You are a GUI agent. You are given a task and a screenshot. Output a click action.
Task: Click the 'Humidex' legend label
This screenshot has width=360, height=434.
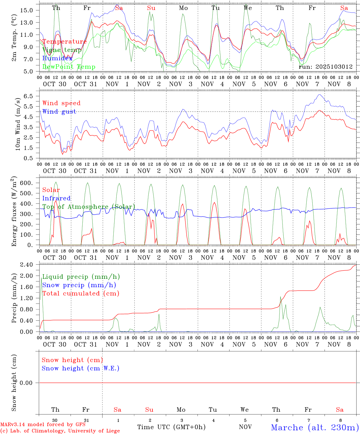tap(57, 58)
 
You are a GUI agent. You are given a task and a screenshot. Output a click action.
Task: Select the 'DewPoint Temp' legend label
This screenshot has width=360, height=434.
tap(69, 67)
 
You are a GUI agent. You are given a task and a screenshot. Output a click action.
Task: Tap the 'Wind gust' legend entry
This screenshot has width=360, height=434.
tap(59, 112)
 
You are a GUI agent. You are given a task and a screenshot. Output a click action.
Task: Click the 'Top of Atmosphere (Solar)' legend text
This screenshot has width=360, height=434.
tap(89, 207)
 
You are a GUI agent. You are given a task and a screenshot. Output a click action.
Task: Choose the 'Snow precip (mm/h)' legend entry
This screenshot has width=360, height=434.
tap(79, 285)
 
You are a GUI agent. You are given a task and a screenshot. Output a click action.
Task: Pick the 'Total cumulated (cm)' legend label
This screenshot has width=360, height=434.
tap(81, 294)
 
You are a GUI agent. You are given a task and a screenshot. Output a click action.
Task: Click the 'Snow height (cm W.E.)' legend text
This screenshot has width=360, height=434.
tap(81, 368)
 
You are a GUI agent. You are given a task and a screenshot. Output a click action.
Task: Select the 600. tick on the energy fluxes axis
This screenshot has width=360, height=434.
tap(26, 183)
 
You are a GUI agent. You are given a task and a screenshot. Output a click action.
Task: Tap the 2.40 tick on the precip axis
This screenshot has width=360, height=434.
tap(27, 265)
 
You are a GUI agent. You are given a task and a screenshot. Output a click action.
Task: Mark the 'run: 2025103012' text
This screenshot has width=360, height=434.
tap(326, 67)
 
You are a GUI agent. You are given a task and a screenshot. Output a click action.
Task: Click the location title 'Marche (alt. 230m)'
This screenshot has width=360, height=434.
tap(315, 427)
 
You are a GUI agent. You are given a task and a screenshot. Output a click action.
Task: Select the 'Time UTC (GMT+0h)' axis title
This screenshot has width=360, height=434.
tap(171, 427)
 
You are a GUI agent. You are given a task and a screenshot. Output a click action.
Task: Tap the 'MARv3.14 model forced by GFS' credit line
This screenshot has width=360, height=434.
tap(43, 424)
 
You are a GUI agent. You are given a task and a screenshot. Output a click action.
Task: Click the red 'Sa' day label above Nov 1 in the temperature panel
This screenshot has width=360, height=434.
tap(119, 8)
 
